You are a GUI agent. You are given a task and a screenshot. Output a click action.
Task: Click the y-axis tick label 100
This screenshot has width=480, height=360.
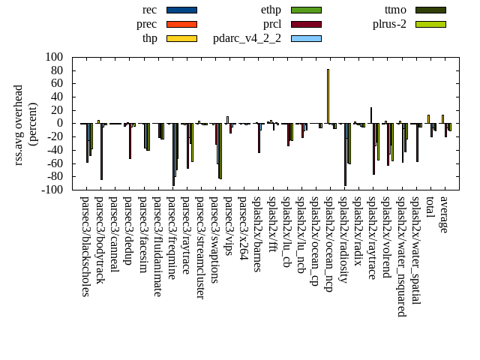pos(55,57)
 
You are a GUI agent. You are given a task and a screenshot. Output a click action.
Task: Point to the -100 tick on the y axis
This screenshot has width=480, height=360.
pos(52,190)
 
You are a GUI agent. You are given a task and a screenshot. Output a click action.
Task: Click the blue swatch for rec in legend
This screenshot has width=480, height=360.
pos(181,10)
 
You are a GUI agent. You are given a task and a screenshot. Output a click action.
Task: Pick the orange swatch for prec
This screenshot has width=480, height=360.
pos(181,24)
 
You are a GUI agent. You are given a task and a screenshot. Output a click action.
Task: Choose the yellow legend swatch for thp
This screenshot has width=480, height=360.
pos(181,38)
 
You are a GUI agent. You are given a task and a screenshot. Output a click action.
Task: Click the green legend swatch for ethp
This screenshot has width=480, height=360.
pos(306,10)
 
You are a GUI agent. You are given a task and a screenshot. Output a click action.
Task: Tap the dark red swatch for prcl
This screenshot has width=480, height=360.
pos(306,24)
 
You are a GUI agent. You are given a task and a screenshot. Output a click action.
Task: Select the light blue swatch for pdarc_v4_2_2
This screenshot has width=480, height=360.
pos(306,38)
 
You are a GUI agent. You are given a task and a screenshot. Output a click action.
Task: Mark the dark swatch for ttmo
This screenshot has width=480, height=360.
pos(430,10)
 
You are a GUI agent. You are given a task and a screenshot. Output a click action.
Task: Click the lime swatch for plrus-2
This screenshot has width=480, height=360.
pos(430,24)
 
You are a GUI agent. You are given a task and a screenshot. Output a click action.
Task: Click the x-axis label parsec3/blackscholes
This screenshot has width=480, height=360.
pos(85,246)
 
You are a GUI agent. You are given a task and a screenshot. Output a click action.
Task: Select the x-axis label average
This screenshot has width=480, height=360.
pos(444,214)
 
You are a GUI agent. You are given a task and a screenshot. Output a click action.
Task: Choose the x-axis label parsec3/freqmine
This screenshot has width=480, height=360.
pos(172,238)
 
